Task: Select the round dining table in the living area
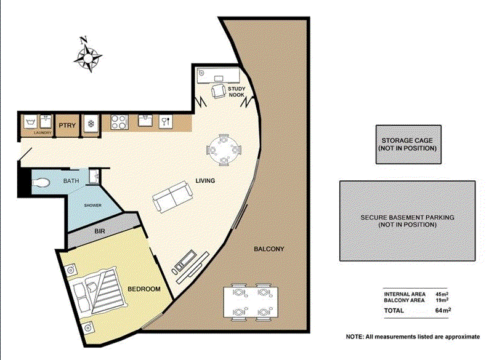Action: tap(225, 150)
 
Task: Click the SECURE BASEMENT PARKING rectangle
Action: tap(407, 221)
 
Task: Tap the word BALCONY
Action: tap(269, 249)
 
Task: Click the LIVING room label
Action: tap(204, 181)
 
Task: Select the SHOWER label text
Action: tap(92, 206)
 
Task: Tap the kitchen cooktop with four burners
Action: tap(119, 122)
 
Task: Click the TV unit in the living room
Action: tap(185, 261)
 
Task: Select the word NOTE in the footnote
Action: tap(355, 337)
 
